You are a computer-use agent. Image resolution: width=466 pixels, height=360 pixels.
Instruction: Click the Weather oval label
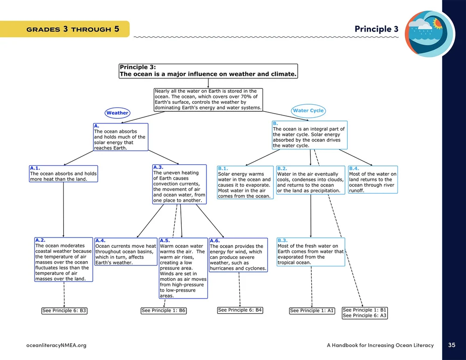(117, 113)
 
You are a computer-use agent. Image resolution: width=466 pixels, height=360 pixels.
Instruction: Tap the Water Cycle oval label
(308, 111)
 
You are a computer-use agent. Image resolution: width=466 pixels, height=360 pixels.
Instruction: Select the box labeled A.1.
(63, 173)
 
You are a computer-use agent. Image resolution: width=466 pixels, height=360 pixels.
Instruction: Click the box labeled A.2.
(63, 259)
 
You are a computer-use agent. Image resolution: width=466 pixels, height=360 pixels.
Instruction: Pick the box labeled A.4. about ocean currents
(126, 251)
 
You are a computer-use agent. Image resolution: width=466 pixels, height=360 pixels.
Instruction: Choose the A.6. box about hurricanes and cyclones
(238, 254)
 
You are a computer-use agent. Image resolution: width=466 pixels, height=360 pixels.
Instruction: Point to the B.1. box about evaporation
(245, 182)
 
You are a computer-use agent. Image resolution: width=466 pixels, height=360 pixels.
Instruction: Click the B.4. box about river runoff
(373, 179)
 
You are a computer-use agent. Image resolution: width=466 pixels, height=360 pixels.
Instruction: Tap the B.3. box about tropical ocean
(311, 251)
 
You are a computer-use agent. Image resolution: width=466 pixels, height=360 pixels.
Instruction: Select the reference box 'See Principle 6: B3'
(64, 310)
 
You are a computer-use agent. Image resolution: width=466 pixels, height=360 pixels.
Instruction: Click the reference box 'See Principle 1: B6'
(164, 311)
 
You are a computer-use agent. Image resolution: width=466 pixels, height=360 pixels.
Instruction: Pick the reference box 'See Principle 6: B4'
(240, 310)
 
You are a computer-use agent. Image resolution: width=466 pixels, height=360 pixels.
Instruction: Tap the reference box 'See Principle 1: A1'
(312, 311)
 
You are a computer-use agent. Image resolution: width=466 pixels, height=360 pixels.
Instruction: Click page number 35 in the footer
(452, 345)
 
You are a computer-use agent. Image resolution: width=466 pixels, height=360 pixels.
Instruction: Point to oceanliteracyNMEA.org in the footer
(56, 345)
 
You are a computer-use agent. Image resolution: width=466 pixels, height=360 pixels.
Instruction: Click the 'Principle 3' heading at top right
(376, 29)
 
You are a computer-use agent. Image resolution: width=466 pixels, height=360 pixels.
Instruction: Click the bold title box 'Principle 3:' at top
(208, 71)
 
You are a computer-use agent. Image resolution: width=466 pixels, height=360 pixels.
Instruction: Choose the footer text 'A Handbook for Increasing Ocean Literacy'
(380, 345)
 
